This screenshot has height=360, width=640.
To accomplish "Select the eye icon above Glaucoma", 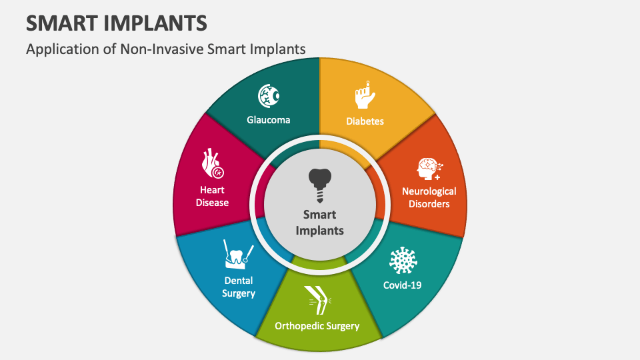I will pyautogui.click(x=269, y=96).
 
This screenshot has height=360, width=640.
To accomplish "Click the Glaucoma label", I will pyautogui.click(x=269, y=120).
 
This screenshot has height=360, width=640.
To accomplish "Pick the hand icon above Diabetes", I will pyautogui.click(x=365, y=95).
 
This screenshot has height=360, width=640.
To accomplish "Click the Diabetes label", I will pyautogui.click(x=365, y=121).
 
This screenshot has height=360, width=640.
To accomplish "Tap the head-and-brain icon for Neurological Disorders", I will pyautogui.click(x=428, y=169).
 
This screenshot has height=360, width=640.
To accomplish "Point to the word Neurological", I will pyautogui.click(x=429, y=191).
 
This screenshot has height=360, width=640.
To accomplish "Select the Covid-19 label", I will pyautogui.click(x=402, y=285).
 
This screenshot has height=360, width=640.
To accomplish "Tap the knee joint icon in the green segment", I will pyautogui.click(x=317, y=300).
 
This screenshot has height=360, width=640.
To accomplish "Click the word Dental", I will pyautogui.click(x=238, y=281).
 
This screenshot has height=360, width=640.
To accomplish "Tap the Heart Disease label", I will pyautogui.click(x=212, y=196).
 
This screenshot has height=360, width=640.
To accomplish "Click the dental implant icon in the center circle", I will pyautogui.click(x=320, y=185).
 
